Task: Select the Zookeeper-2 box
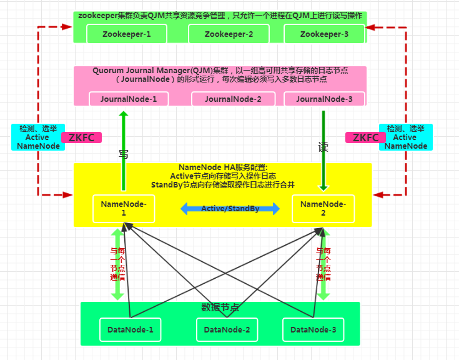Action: click(x=229, y=34)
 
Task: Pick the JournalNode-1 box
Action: click(x=128, y=99)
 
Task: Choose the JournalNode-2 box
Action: click(x=233, y=99)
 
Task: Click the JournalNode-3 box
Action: click(x=324, y=99)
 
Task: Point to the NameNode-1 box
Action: click(x=123, y=208)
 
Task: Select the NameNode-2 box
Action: click(x=322, y=208)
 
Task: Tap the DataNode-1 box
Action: click(x=130, y=329)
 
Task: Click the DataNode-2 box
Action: click(x=227, y=329)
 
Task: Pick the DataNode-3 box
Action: click(x=313, y=329)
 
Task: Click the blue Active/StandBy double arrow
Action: click(x=230, y=209)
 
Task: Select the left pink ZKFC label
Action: click(x=81, y=137)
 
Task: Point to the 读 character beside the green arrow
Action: click(x=323, y=148)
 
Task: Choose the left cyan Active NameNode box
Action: click(x=37, y=137)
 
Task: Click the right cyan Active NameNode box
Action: click(x=405, y=137)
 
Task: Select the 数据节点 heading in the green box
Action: click(x=220, y=307)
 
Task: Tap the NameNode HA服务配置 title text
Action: click(x=222, y=167)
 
